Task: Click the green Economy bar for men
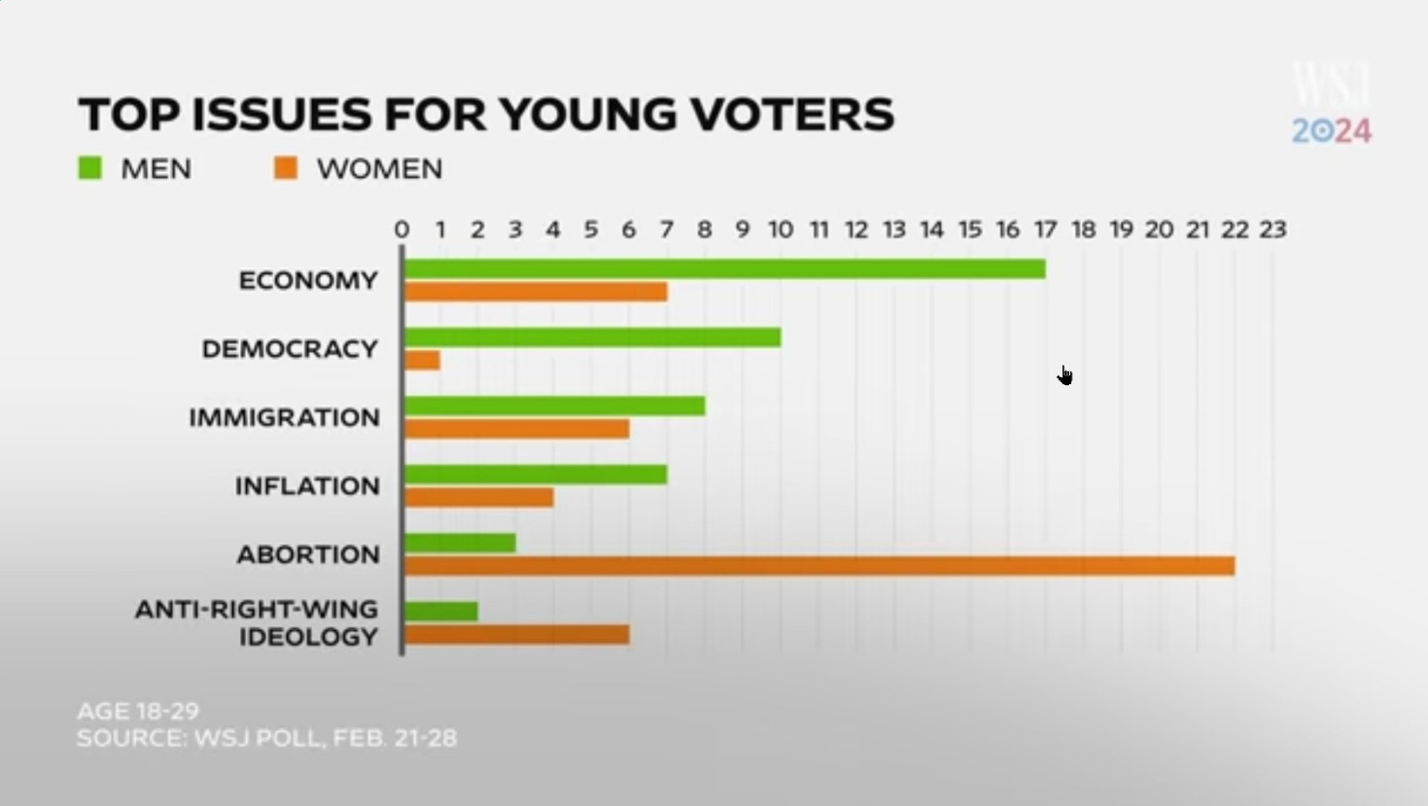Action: (x=724, y=269)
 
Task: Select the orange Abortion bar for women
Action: (x=818, y=566)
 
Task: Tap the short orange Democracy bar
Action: (x=422, y=361)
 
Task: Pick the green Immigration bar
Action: (x=554, y=406)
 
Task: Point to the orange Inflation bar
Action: (x=478, y=498)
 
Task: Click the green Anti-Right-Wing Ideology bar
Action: (x=440, y=612)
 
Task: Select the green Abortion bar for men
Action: (x=459, y=543)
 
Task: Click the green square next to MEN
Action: (x=90, y=169)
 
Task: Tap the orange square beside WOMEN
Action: (x=286, y=169)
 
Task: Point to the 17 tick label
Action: (x=1045, y=230)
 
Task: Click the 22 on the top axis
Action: (x=1235, y=230)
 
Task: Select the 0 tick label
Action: (x=401, y=230)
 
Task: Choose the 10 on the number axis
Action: (x=781, y=230)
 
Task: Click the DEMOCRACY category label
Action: (x=290, y=349)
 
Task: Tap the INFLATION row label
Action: (x=307, y=486)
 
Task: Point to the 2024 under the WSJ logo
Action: (x=1331, y=131)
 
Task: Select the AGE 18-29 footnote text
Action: (x=138, y=711)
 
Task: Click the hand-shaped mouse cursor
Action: (x=1065, y=376)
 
